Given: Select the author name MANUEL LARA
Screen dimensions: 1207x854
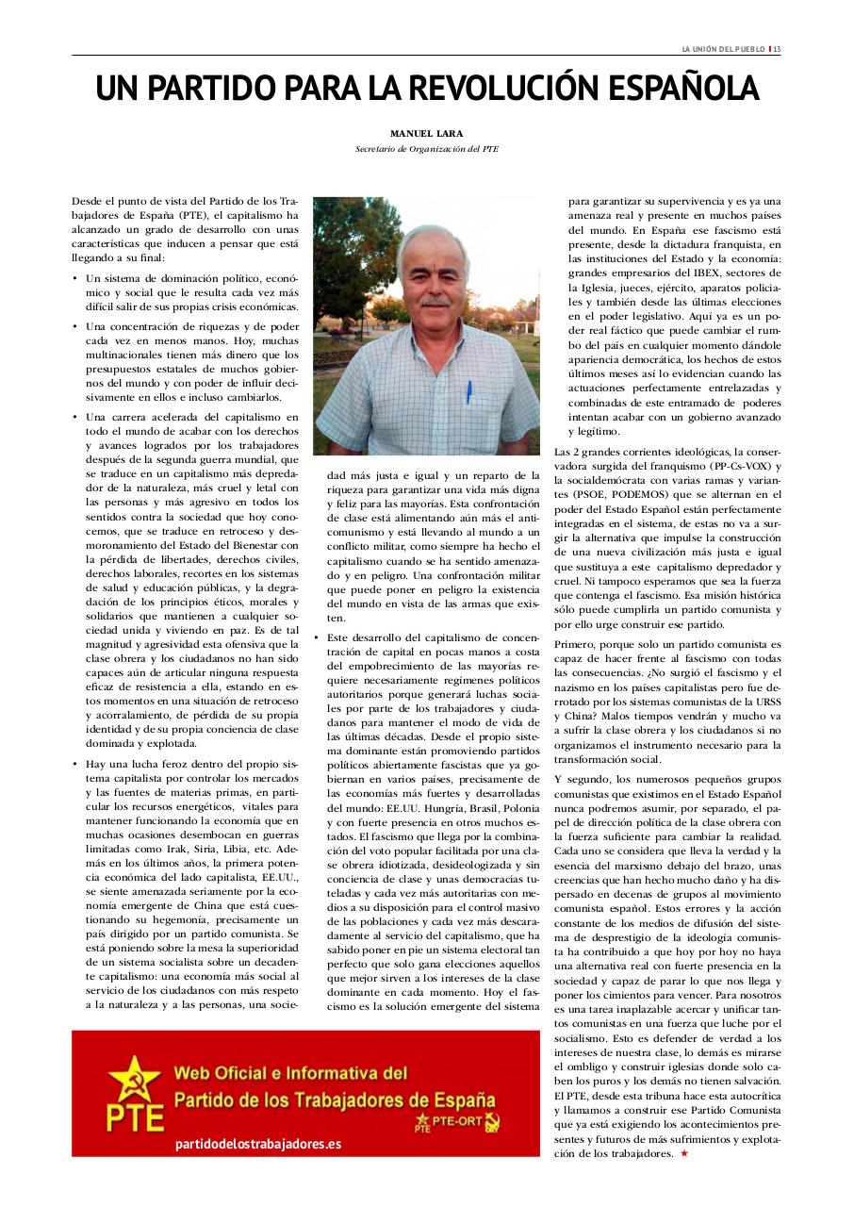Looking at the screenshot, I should coord(426,133).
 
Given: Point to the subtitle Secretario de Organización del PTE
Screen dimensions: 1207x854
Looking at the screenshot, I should coord(426,149).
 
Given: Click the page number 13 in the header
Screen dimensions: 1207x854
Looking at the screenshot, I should coord(777,49).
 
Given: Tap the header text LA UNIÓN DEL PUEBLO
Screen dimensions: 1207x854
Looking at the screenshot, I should coord(723,49).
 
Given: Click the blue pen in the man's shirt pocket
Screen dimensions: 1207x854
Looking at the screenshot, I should coord(468,390).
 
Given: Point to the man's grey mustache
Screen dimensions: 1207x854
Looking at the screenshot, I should coord(435,303).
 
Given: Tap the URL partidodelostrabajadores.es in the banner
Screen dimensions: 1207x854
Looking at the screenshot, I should coord(258,1144).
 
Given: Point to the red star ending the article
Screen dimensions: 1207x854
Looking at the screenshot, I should coord(683,1153).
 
